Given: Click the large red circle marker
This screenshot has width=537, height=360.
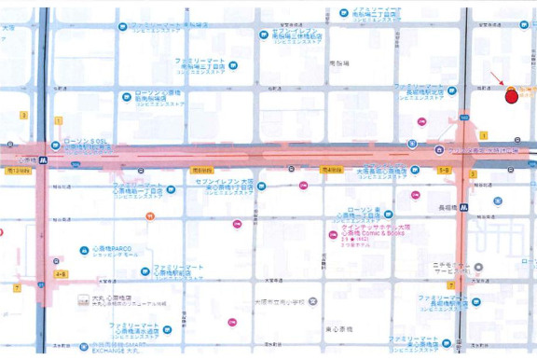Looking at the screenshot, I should pyautogui.click(x=511, y=95).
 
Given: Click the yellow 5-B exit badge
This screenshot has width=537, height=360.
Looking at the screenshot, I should pyautogui.click(x=445, y=171).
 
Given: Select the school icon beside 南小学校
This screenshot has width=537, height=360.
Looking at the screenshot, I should pyautogui.click(x=312, y=301).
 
